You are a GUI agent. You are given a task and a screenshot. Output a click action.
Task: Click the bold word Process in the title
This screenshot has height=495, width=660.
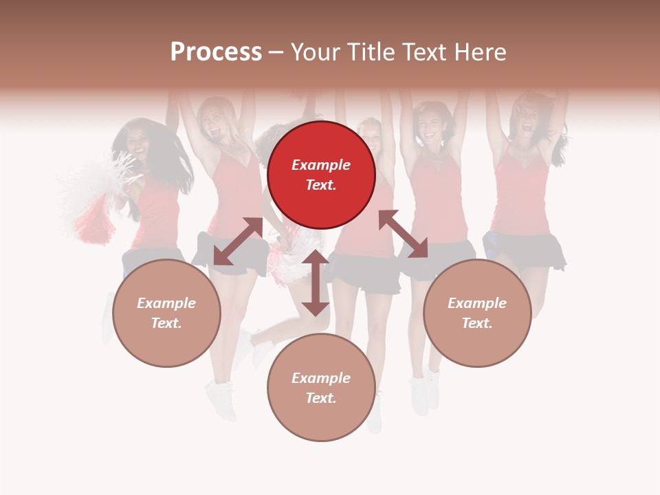coord(216,52)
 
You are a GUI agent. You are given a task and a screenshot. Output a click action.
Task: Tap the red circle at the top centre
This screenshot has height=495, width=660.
coord(321,175)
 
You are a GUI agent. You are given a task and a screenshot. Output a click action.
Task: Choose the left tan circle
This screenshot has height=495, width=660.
coord(166,313)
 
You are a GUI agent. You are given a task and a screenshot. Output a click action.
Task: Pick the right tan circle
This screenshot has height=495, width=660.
coord(477,313)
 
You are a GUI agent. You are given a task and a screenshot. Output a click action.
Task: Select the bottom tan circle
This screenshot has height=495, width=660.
coord(321,387)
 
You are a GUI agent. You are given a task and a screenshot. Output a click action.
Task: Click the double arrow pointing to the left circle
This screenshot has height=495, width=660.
coord(238,241)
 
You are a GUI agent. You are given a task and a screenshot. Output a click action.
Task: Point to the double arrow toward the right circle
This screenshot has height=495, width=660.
coord(403,234)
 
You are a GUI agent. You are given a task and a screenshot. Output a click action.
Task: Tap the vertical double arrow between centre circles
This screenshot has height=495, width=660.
coord(316,283)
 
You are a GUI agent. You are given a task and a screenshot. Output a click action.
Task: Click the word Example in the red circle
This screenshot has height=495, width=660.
coord(321,165)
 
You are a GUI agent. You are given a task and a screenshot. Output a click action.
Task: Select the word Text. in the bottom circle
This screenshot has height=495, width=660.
coord(321,398)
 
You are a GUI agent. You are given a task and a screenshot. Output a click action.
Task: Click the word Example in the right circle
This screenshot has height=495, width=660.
coord(477,303)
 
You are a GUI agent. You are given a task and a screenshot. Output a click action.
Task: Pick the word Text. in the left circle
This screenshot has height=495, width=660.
coord(166,323)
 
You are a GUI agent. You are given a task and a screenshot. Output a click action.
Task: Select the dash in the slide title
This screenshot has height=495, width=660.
coord(276,52)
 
